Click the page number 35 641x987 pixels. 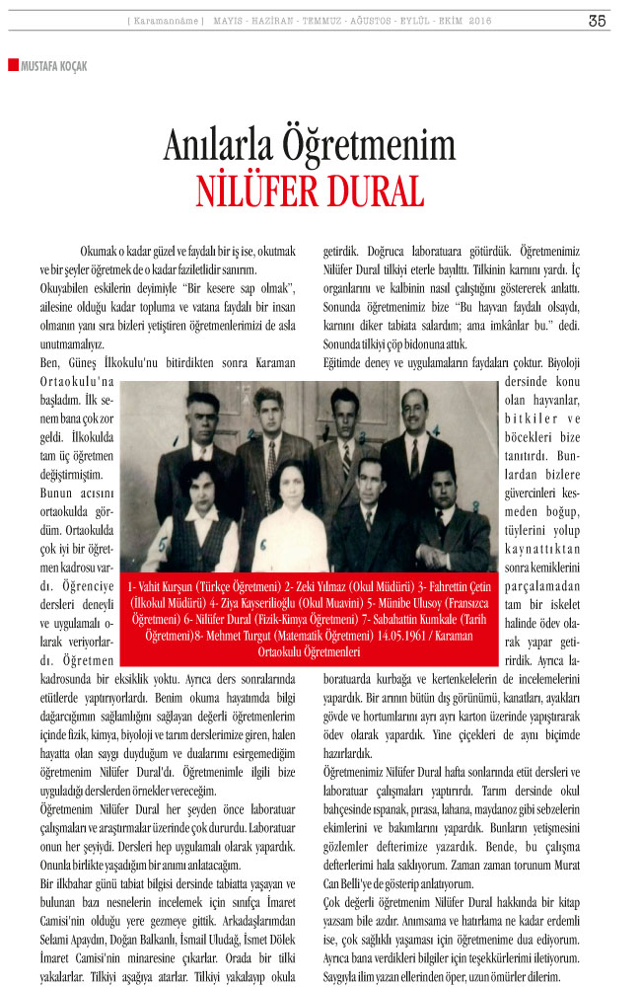coord(598,20)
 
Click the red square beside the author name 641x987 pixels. coord(12,65)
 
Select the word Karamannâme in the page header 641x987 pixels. coord(167,21)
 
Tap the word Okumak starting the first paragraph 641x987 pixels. coord(105,253)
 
